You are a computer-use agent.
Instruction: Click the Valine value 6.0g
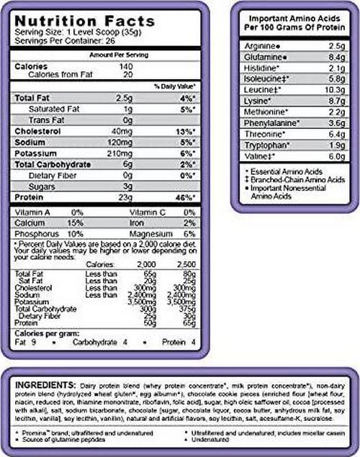pos(337,157)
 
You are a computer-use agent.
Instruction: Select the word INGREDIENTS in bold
pos(46,386)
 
